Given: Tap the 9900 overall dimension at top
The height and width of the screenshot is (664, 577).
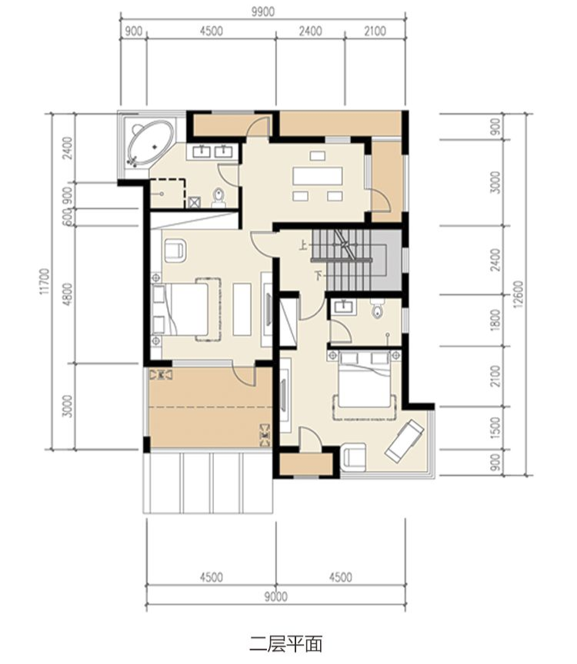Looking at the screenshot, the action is (x=263, y=12).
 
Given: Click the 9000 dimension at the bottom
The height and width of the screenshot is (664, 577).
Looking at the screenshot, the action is (x=276, y=596).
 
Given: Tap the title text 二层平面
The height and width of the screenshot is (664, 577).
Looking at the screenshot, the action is (x=286, y=644).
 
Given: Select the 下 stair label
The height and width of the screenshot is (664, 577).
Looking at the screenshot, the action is (x=319, y=276).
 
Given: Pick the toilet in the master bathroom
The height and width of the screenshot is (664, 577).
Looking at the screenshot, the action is (x=218, y=196).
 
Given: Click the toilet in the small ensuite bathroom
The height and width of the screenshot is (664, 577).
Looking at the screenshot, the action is (x=377, y=310).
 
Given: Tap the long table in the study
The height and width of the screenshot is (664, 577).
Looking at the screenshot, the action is (x=318, y=176).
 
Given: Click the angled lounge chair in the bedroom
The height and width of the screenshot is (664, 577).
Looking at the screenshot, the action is (x=404, y=440).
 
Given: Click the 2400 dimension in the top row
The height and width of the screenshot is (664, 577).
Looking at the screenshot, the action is (x=310, y=31).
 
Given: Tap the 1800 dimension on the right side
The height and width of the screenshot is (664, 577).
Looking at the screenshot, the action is (x=495, y=320).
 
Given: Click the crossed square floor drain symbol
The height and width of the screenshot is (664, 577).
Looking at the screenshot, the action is (x=195, y=202).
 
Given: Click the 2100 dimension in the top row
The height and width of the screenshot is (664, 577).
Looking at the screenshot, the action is (x=375, y=31).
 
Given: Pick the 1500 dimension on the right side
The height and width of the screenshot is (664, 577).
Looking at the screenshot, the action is (x=495, y=428).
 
